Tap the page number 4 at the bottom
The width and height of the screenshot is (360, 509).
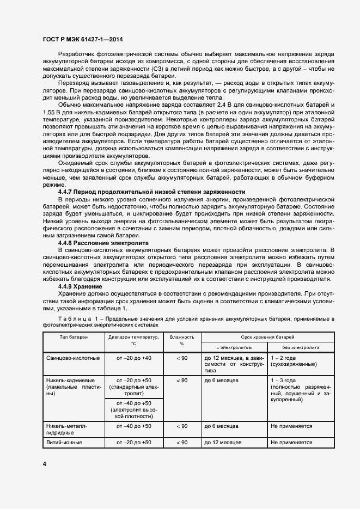click(44, 463)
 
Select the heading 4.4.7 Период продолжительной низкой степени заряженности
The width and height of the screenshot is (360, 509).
click(151, 192)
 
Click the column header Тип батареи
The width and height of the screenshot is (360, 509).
click(72, 337)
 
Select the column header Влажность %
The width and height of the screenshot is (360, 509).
click(182, 340)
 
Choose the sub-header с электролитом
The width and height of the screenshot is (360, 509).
click(234, 346)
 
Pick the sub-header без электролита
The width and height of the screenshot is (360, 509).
click(301, 346)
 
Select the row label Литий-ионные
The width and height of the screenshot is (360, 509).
click(65, 443)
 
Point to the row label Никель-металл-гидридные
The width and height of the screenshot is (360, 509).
click(68, 429)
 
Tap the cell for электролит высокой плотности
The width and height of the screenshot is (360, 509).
click(133, 409)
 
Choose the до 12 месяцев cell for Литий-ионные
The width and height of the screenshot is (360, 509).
click(223, 443)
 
